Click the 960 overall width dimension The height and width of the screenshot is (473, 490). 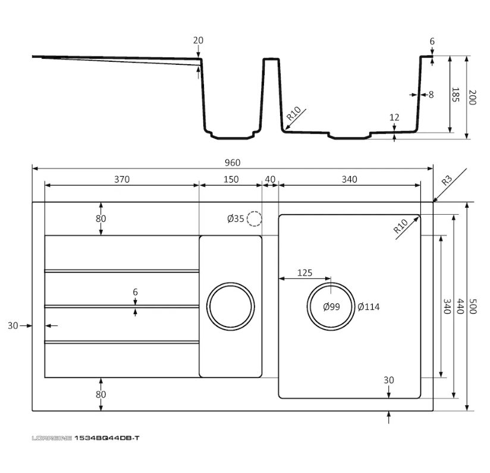pyautogui.click(x=233, y=162)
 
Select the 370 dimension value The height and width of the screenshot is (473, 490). pyautogui.click(x=121, y=179)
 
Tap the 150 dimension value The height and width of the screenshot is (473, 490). pyautogui.click(x=231, y=179)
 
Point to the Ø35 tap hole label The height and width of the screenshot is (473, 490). pyautogui.click(x=235, y=219)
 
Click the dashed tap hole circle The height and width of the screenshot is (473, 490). pyautogui.click(x=255, y=219)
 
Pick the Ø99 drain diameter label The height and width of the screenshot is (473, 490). pyautogui.click(x=331, y=307)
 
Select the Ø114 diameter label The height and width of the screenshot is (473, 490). pyautogui.click(x=368, y=307)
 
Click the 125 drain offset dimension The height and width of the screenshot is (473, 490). pyautogui.click(x=304, y=273)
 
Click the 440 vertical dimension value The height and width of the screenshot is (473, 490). pyautogui.click(x=459, y=306)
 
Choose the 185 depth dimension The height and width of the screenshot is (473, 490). pyautogui.click(x=455, y=95)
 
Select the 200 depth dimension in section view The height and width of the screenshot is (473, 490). pyautogui.click(x=472, y=98)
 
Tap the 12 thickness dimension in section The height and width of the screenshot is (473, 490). pyautogui.click(x=394, y=118)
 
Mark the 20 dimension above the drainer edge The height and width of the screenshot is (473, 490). pyautogui.click(x=198, y=40)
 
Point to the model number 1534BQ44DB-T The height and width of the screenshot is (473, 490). pyautogui.click(x=107, y=438)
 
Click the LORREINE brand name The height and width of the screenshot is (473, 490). pyautogui.click(x=52, y=438)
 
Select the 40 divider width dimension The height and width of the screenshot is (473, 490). pyautogui.click(x=270, y=179)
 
